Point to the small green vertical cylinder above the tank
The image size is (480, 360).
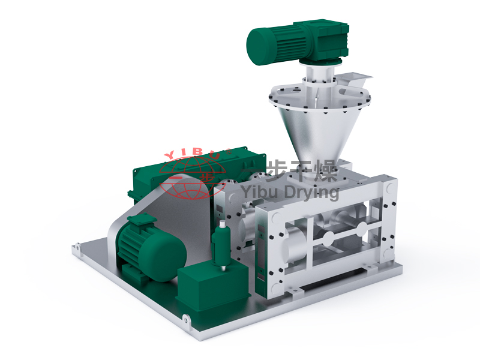pos(221,245)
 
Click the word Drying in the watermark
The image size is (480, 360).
pos(311,193)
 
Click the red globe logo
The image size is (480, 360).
pos(193,178)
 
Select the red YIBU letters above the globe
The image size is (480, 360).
pos(197,153)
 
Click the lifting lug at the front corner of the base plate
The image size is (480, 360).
pos(186,320)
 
